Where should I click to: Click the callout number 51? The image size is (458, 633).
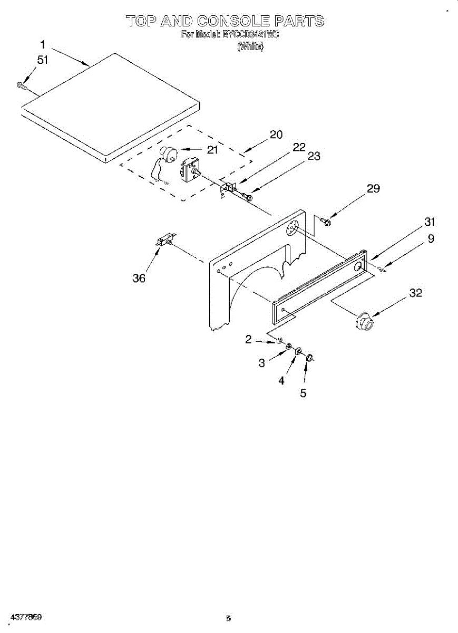[x=42, y=60]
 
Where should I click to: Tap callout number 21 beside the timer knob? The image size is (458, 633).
[x=212, y=150]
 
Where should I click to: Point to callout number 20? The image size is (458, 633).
[x=276, y=135]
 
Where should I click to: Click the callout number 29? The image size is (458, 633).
[x=373, y=189]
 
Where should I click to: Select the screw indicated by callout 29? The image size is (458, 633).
[x=325, y=221]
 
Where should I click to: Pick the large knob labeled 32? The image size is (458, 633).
[x=364, y=321]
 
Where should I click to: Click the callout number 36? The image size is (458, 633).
[x=139, y=278]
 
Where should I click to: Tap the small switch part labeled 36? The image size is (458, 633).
[x=165, y=241]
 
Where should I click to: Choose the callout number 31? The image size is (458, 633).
[x=430, y=222]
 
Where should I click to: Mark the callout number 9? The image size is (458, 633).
[x=431, y=239]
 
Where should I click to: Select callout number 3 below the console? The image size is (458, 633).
[x=261, y=363]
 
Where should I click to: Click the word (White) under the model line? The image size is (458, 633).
[x=250, y=47]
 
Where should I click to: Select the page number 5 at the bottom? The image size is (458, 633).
[x=228, y=619]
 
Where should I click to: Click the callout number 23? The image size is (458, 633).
[x=314, y=156]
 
